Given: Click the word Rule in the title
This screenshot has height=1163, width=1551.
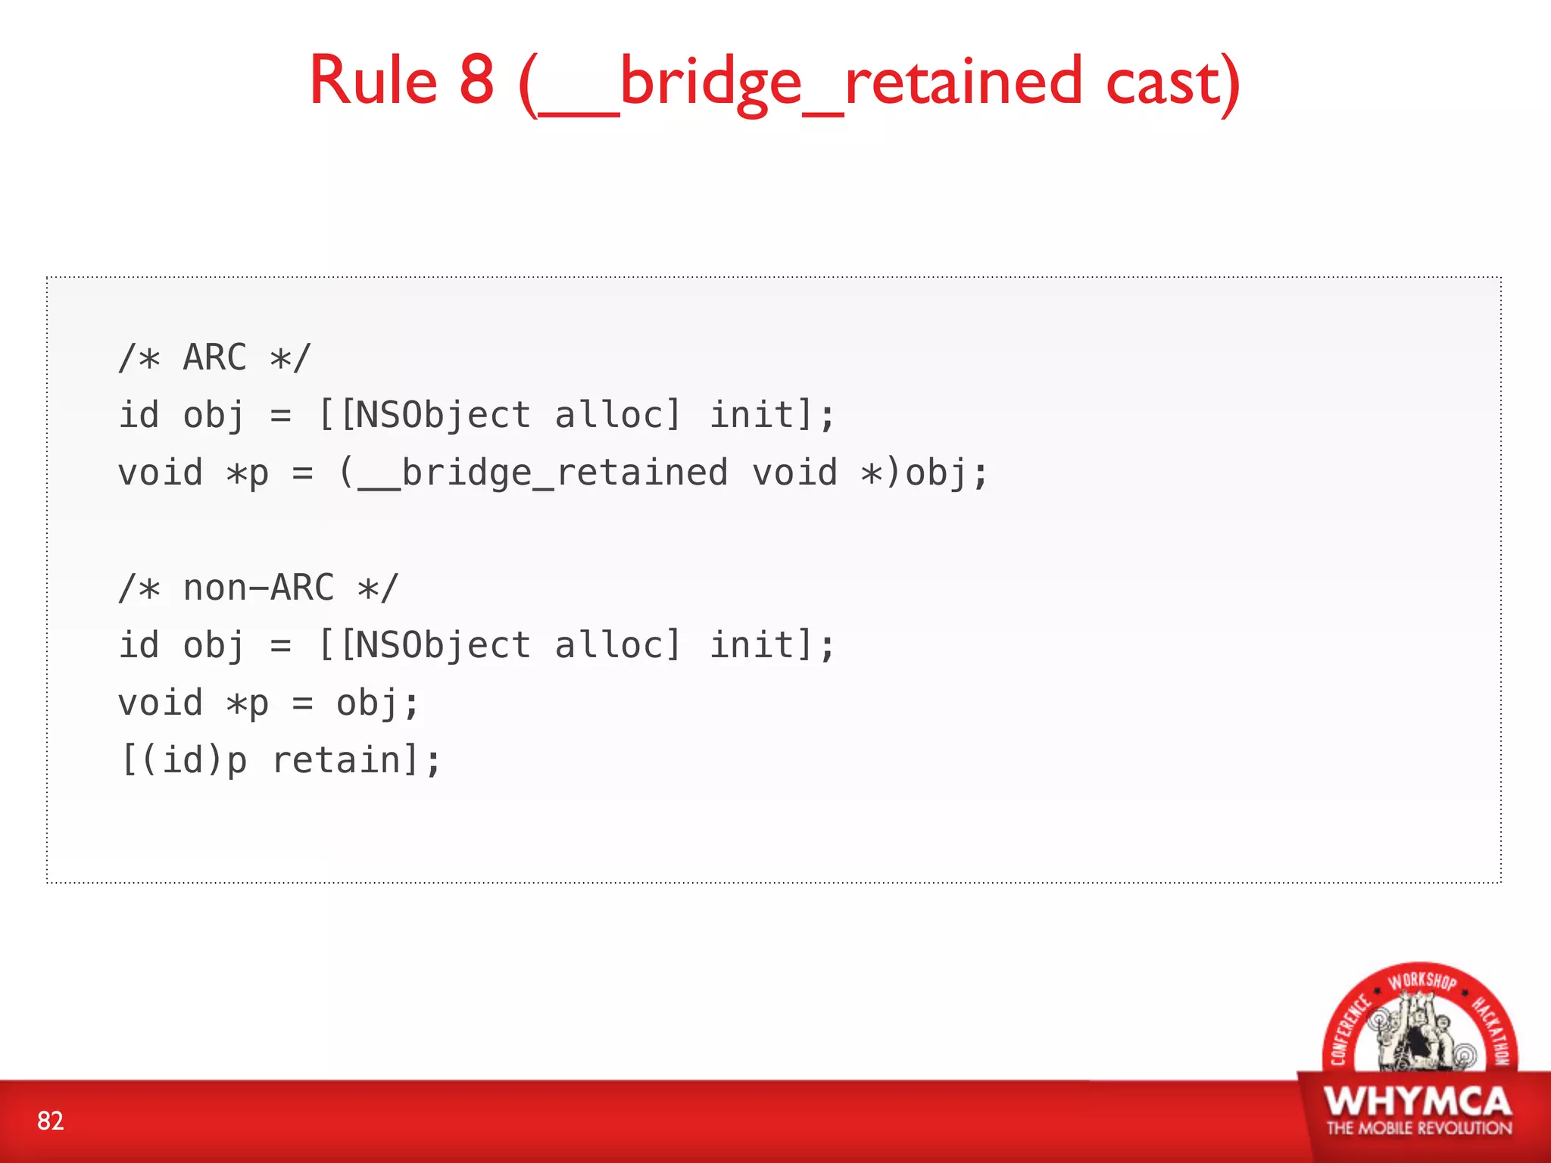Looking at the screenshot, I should pos(373,80).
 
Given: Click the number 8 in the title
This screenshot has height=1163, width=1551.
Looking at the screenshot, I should pos(476,80).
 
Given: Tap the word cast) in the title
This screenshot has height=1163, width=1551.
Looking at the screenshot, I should pos(1172,82).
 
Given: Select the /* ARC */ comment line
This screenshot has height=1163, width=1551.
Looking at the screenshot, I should pos(215,357).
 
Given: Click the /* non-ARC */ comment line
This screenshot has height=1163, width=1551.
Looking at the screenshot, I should pos(258,588).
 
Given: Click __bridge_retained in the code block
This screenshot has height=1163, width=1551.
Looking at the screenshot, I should pos(542,472).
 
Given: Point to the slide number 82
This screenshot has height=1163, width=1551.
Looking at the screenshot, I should pos(51,1121).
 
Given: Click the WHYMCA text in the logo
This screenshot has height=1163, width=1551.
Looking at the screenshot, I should pos(1418,1101).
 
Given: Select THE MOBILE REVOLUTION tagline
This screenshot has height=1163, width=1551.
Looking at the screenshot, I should pos(1418,1128).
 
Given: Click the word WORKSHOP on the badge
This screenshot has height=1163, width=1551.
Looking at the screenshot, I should pos(1421,981).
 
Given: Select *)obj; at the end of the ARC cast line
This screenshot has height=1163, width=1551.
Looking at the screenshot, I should pos(925,472).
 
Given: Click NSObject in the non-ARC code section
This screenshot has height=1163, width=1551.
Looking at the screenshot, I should pos(442,645).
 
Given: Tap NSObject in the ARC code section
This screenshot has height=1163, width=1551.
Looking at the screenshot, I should pos(442,415).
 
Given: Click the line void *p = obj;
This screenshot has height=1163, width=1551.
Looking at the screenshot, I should pos(268,703).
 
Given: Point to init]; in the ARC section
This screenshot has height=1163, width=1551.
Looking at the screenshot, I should pos(772,415).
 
